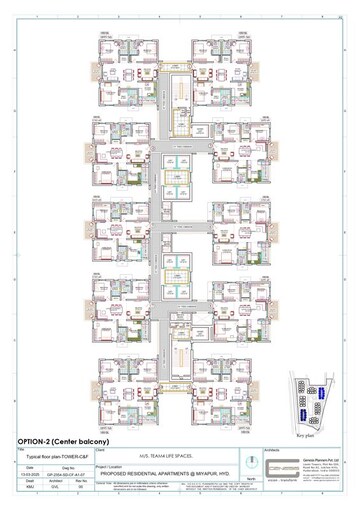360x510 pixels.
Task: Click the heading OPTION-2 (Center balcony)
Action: click(61, 440)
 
